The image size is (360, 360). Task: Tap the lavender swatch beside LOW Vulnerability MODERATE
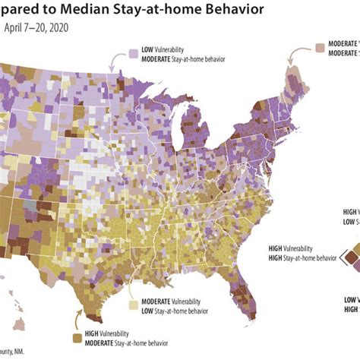click(x=133, y=54)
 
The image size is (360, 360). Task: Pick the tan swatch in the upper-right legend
click(x=321, y=49)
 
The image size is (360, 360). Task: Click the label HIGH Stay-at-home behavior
click(x=302, y=257)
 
